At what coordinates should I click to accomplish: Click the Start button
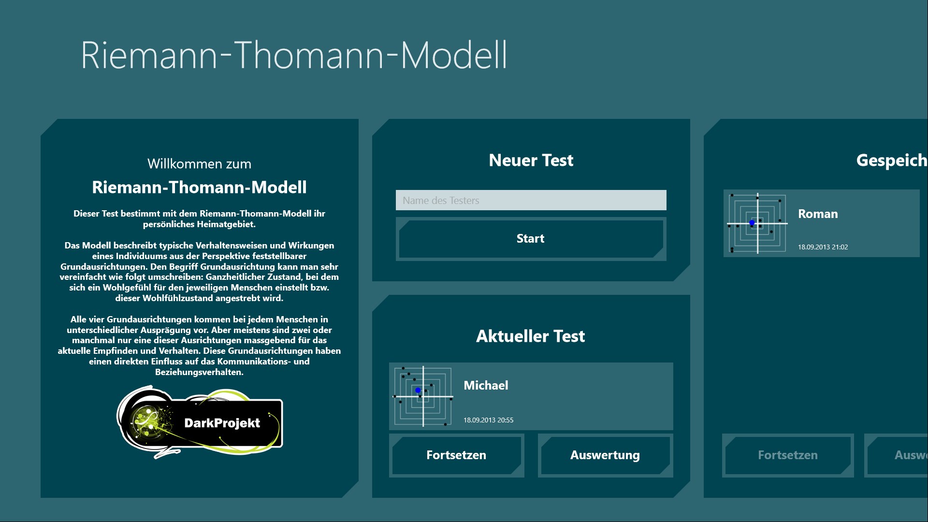click(x=531, y=239)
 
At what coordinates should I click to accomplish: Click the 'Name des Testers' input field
click(x=531, y=200)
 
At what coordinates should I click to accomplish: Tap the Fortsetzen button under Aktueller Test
click(x=456, y=455)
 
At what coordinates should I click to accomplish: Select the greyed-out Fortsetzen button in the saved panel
click(x=788, y=455)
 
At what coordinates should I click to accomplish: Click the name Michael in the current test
click(x=486, y=385)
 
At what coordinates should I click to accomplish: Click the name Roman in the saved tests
click(x=818, y=214)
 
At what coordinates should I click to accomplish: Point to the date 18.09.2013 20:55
click(x=488, y=420)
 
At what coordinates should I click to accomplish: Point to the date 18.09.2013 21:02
click(x=823, y=247)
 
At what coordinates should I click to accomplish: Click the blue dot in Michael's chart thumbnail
click(x=418, y=390)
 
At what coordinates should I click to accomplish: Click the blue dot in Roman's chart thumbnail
click(x=752, y=222)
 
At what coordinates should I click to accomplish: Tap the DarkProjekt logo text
click(x=222, y=423)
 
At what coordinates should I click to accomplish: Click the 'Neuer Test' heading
click(x=531, y=160)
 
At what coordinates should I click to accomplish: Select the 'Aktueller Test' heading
click(x=530, y=336)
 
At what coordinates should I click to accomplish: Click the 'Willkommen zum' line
click(x=199, y=164)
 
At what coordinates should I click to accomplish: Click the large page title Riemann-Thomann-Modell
click(x=294, y=55)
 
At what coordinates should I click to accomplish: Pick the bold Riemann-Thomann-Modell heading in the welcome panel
click(x=199, y=187)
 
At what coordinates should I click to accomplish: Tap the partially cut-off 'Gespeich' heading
click(x=892, y=160)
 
